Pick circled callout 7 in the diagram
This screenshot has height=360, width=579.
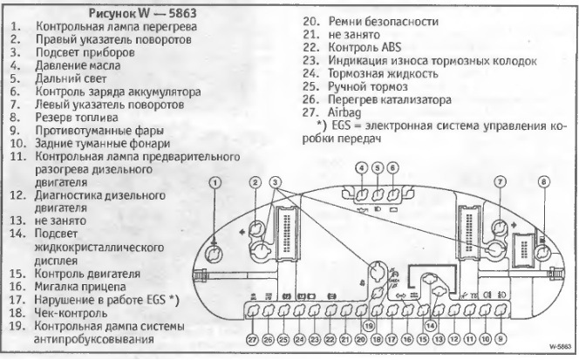pyautogui.click(x=500, y=182)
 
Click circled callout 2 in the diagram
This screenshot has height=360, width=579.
pyautogui.click(x=255, y=182)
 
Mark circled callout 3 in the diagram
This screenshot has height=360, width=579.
pyautogui.click(x=276, y=182)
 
